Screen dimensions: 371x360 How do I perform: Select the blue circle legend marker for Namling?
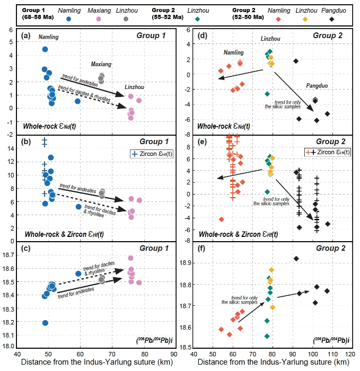click(69, 19)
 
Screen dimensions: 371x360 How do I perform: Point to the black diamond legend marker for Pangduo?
click(346, 19)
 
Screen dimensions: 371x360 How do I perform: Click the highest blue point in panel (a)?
click(45, 49)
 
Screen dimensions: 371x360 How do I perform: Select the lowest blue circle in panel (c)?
click(45, 323)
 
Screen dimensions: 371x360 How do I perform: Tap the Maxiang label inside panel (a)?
click(101, 64)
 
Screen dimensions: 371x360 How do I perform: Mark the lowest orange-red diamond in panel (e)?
click(222, 219)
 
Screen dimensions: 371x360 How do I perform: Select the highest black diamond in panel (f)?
click(296, 259)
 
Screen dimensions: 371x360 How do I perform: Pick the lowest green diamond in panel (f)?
click(267, 336)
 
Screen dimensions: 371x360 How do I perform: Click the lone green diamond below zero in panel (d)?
click(268, 94)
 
